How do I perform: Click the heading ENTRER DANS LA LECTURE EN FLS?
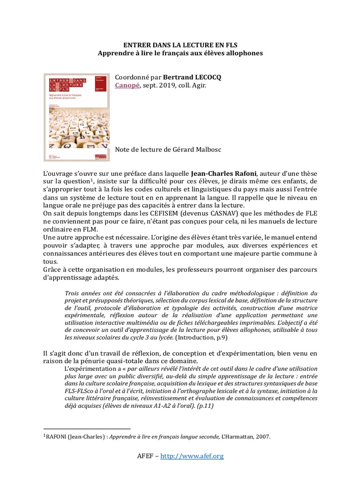coord(180,45)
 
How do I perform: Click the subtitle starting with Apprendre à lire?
coord(180,53)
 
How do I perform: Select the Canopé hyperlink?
coord(127,85)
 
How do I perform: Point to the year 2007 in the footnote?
coord(262,436)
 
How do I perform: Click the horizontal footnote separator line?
coord(86,428)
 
